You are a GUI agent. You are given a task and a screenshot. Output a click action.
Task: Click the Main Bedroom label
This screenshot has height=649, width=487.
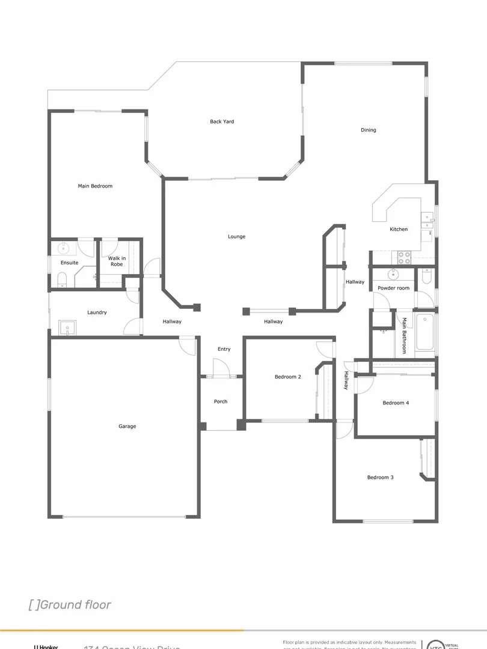click(95, 186)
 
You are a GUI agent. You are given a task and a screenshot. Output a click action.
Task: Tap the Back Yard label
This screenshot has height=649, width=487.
click(222, 122)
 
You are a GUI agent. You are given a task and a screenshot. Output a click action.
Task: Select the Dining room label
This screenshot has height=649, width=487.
click(368, 130)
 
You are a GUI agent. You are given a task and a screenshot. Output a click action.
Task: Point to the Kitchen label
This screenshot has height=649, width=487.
click(398, 230)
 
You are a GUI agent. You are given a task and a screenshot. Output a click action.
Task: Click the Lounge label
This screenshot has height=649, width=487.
click(236, 237)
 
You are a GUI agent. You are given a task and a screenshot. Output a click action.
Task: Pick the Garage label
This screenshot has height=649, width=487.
click(127, 427)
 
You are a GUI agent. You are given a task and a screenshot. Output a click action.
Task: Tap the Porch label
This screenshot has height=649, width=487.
click(221, 402)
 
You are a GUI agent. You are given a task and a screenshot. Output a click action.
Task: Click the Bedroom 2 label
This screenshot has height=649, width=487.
click(287, 377)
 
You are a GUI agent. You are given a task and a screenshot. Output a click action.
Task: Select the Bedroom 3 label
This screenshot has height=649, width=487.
click(380, 478)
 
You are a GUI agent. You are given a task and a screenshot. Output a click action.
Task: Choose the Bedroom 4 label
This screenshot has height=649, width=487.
click(396, 403)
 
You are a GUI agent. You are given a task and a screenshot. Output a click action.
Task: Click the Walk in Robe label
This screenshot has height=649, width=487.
click(117, 261)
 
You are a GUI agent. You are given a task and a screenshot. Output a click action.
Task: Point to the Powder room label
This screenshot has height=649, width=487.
click(393, 288)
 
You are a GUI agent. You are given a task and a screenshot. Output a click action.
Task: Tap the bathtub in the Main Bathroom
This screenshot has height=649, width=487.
click(424, 332)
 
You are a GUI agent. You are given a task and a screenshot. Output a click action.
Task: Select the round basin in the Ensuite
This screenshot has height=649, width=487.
click(64, 248)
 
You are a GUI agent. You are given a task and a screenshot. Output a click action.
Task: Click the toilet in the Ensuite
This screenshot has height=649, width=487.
click(61, 279)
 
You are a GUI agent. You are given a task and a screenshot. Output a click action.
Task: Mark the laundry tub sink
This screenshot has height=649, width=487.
click(67, 328)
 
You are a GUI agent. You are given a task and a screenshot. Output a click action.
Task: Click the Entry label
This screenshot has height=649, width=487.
click(224, 349)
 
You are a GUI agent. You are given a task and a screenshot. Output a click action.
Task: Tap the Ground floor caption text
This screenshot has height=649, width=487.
click(70, 605)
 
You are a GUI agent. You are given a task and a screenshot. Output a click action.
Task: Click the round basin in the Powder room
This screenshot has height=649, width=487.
click(393, 275)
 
